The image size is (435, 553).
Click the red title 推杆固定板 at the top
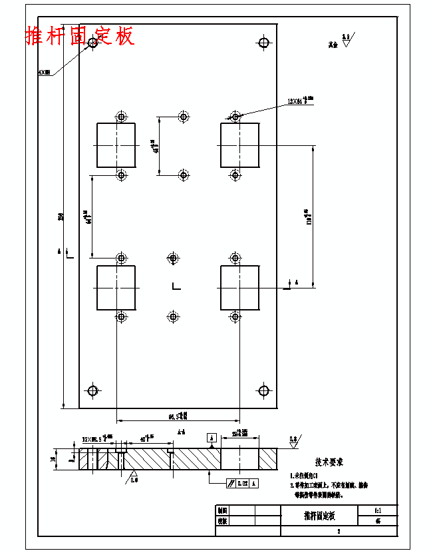(80, 35)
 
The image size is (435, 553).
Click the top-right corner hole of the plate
(263, 43)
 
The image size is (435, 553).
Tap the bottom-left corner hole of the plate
(93, 390)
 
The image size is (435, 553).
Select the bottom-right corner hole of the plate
(263, 390)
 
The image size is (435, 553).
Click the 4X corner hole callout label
(45, 72)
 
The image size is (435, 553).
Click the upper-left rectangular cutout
(116, 145)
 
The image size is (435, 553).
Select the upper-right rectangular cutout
(239, 145)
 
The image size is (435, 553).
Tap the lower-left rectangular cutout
(116, 287)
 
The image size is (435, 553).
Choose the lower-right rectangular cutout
(239, 287)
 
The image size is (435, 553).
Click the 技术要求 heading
(329, 462)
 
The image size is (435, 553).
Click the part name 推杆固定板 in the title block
(320, 516)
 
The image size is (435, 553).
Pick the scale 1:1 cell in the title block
(378, 510)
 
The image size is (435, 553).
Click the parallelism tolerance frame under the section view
(241, 482)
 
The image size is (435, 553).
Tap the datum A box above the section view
(212, 438)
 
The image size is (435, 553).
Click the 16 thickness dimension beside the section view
(53, 458)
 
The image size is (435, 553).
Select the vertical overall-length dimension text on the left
(61, 217)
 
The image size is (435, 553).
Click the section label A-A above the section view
(181, 432)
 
